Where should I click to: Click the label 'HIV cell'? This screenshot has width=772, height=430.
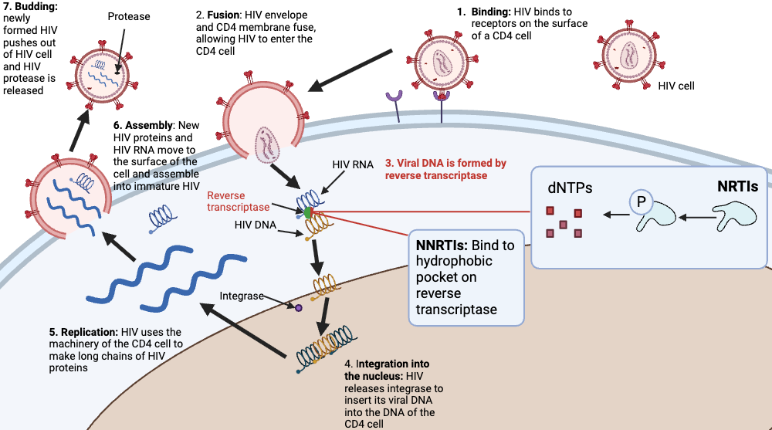675,86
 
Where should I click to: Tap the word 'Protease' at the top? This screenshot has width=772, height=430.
129,15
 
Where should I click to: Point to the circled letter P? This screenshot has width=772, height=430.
639,202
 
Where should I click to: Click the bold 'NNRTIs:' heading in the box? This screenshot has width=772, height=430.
442,245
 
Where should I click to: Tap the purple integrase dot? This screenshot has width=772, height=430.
297,308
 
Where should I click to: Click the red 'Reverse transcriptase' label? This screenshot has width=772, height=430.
238,201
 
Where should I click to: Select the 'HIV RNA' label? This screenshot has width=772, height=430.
352,164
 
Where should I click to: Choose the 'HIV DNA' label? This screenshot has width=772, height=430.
254,224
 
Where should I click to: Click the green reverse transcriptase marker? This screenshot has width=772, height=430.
309,210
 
